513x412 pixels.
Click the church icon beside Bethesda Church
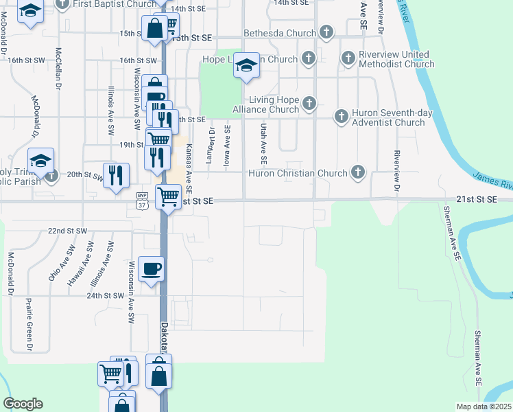326,32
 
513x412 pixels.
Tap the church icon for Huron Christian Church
357,173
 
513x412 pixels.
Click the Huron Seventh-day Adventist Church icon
341,117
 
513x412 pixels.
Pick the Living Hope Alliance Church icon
309,104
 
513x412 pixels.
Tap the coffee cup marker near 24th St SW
151,268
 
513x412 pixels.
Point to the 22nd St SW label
68,231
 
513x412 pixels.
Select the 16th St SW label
26,60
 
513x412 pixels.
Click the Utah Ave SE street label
263,145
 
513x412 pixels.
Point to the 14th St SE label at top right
290,3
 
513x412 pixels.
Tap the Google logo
23,404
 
